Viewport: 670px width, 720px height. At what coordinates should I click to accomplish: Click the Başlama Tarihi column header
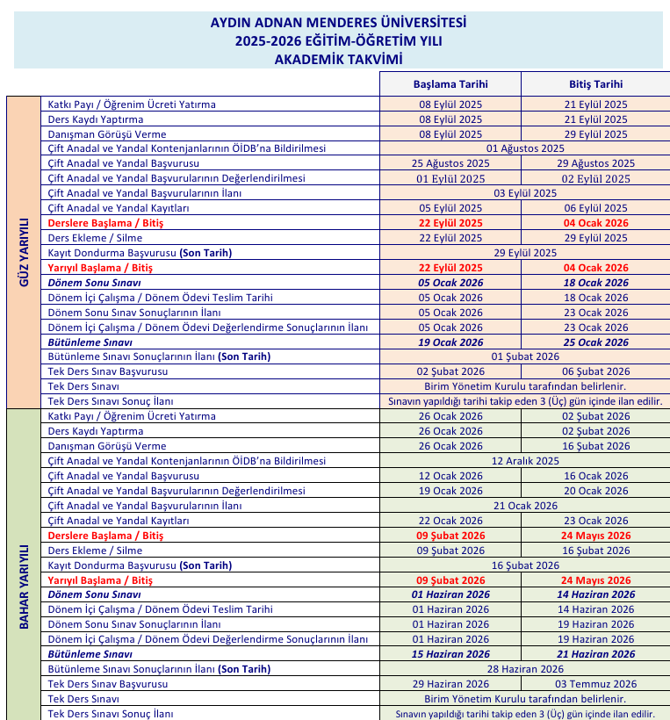(x=450, y=84)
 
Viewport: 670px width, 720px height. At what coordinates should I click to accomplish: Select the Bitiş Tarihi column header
(x=595, y=84)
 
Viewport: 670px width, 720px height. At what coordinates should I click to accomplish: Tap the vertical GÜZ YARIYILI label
(x=24, y=253)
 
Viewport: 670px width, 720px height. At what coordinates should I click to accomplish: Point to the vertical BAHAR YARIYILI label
(x=24, y=586)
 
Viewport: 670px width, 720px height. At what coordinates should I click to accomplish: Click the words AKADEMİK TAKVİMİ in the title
(x=338, y=58)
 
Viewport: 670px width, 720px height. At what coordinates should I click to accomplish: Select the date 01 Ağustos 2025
(x=525, y=148)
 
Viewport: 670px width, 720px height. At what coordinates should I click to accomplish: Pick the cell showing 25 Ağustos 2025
(x=450, y=163)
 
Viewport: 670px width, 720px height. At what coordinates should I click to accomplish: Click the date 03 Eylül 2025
(x=525, y=193)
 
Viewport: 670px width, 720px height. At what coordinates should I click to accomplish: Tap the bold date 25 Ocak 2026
(x=595, y=342)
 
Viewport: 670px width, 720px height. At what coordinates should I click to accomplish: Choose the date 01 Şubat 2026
(x=525, y=357)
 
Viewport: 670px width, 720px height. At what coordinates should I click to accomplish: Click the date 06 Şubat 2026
(x=595, y=372)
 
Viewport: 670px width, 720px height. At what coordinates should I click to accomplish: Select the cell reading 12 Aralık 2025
(x=525, y=461)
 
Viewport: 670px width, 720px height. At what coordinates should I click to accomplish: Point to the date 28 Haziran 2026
(x=525, y=669)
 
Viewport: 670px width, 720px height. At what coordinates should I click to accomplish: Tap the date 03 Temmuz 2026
(x=595, y=684)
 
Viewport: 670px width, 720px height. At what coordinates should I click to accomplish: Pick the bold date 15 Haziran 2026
(x=450, y=654)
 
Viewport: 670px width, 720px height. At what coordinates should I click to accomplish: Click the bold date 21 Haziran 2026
(x=595, y=654)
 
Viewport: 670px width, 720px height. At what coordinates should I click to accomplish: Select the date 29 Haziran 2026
(x=450, y=684)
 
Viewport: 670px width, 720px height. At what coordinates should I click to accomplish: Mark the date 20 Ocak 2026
(x=595, y=491)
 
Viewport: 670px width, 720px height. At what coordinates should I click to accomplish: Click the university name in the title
(x=338, y=22)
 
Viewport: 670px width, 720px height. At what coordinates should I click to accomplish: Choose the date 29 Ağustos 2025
(x=595, y=163)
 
